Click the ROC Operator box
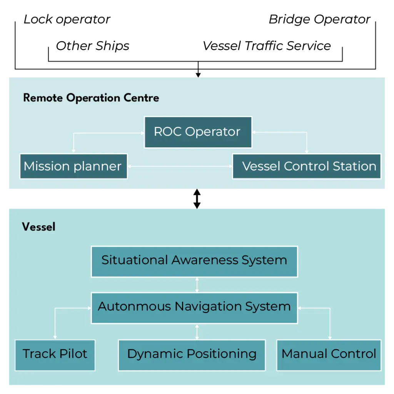[198, 132]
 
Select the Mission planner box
[73, 166]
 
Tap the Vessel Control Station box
[307, 166]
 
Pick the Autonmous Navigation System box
[194, 307]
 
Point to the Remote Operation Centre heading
[91, 98]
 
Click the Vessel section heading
[38, 227]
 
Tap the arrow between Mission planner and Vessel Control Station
[180, 167]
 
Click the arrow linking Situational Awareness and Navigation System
[197, 285]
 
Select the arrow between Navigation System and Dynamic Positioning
[197, 331]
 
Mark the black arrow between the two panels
[197, 199]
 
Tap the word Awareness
[205, 260]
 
